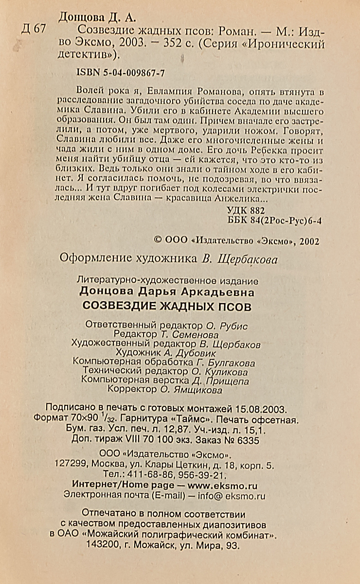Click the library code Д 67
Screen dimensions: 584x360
click(33, 29)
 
